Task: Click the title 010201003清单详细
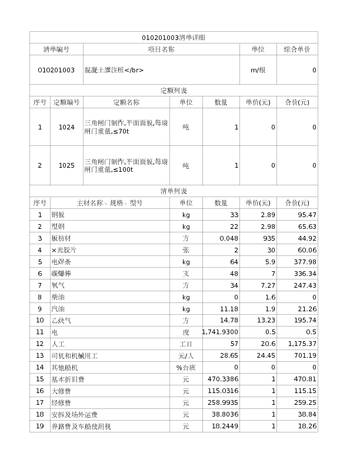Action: coord(174,38)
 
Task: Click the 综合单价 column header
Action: coord(296,49)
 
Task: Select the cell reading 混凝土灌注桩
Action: coord(114,70)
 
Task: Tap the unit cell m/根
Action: coord(258,70)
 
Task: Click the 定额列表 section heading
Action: coord(174,91)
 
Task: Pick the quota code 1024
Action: coord(66,127)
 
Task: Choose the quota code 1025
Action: coord(66,165)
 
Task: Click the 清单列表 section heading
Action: coord(174,191)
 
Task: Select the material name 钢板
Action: coord(58,215)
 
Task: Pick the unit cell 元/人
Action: coord(186,355)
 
